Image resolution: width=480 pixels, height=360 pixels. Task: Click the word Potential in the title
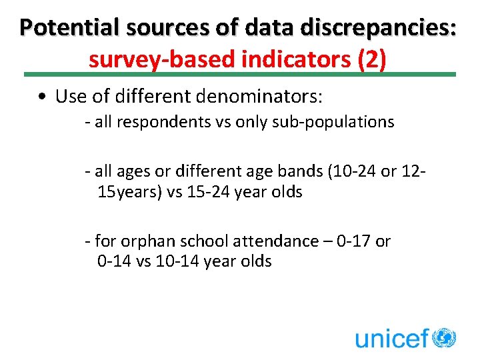coord(65,27)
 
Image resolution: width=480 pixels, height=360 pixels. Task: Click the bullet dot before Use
coord(42,97)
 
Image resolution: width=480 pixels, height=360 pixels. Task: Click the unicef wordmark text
coord(392,338)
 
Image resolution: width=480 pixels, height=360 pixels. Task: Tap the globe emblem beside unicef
coord(443,337)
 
